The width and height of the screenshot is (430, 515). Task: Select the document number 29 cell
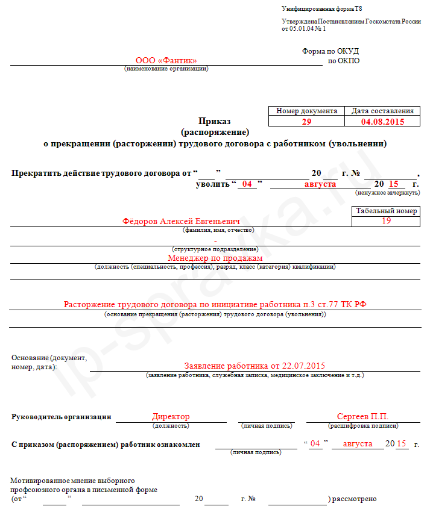[306, 121]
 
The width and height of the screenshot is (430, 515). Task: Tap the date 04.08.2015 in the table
[382, 121]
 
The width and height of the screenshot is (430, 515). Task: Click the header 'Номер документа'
[306, 111]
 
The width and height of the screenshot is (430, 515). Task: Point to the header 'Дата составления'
[382, 111]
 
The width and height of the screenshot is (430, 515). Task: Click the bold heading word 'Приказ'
[215, 121]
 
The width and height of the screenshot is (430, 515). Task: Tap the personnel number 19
[387, 221]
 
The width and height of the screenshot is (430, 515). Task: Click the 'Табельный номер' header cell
[386, 211]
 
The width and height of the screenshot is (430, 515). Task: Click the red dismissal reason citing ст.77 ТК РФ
[215, 305]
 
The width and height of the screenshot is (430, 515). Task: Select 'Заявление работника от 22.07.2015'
[255, 366]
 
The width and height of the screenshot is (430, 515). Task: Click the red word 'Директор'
[171, 416]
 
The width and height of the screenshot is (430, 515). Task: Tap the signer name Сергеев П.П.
[362, 416]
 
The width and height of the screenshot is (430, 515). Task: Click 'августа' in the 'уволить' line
[320, 184]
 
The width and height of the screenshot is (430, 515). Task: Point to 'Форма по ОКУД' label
[330, 51]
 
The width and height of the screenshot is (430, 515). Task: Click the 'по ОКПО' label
[343, 61]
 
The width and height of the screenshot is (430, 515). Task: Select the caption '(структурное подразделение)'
[215, 249]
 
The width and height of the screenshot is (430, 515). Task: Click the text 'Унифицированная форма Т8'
[321, 9]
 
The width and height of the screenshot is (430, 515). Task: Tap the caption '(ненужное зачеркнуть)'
[388, 193]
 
